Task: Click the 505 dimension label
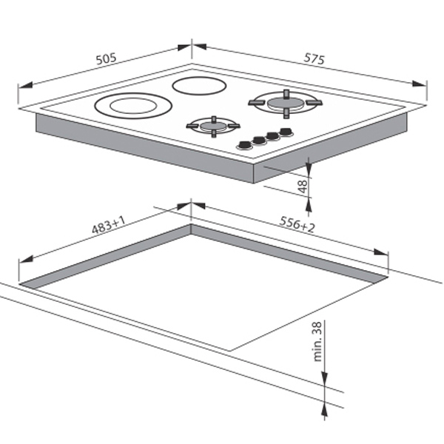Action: pos(106,59)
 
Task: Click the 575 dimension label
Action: pos(314,59)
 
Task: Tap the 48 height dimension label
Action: pos(303,186)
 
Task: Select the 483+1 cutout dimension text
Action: pos(109,225)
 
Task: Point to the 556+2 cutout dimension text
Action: pos(297,224)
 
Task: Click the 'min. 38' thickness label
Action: pos(317,341)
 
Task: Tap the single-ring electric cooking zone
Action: pos(199,86)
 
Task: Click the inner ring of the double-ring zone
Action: pos(133,106)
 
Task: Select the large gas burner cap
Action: pos(286,103)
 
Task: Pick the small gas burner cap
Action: pos(214,126)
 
